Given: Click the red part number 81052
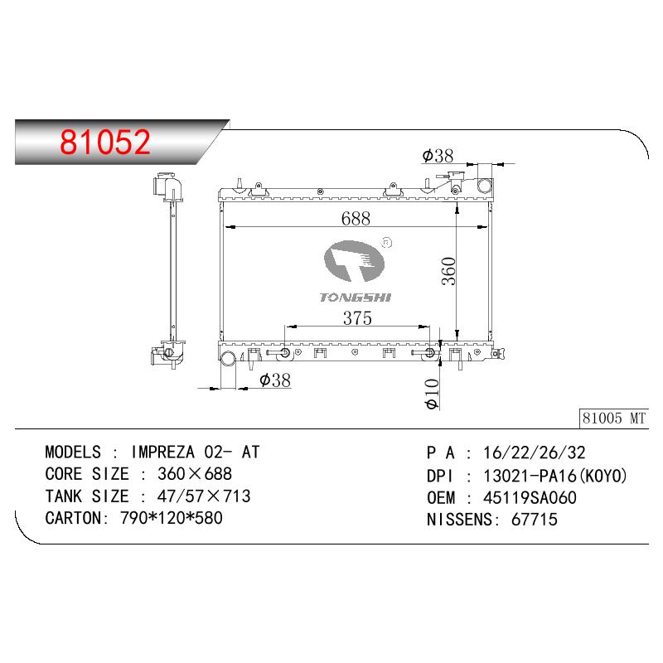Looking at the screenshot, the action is tap(105, 142).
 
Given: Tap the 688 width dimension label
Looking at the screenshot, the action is tap(356, 219).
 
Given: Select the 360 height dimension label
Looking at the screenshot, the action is tap(448, 271).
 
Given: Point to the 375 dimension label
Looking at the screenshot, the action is tap(357, 318).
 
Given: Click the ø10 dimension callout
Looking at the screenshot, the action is tap(432, 394).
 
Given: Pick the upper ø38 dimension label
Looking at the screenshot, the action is tap(438, 156).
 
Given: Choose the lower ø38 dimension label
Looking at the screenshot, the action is tap(275, 380).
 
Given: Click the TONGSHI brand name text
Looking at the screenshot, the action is tap(356, 298).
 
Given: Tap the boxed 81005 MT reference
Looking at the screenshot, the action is tap(614, 419).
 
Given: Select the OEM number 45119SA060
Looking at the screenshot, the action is tap(530, 498).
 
